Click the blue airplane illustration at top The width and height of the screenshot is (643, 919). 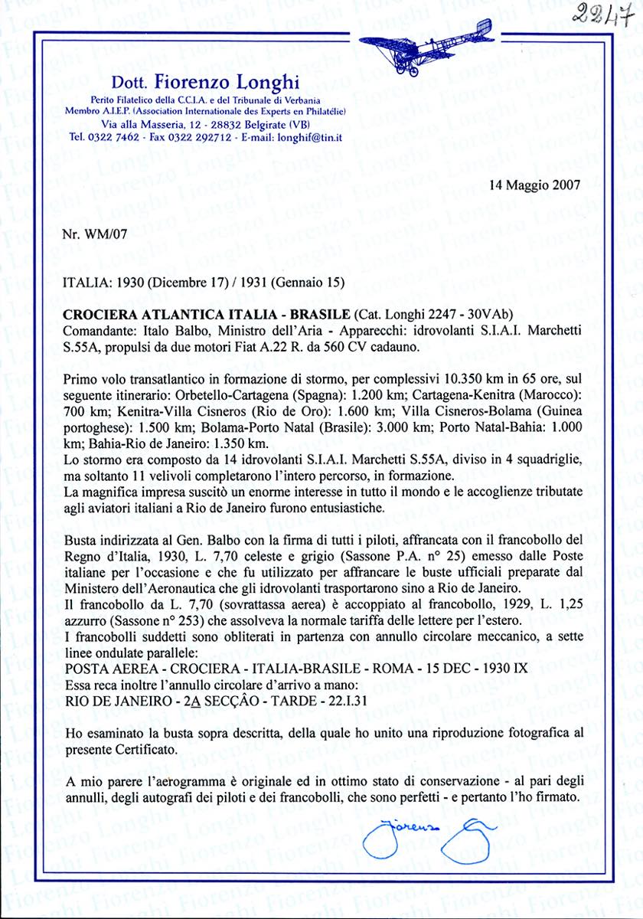[x=426, y=46]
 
